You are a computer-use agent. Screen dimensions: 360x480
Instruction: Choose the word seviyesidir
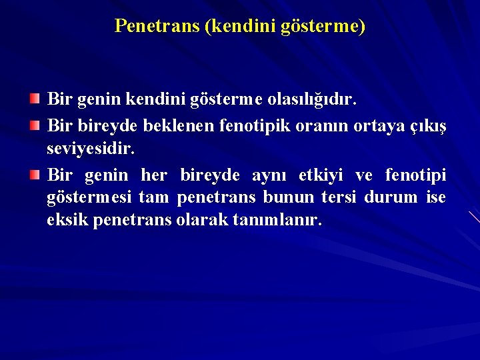[91, 149]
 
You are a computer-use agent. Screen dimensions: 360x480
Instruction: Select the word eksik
[67, 220]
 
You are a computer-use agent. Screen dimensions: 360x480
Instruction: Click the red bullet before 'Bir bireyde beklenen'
[34, 124]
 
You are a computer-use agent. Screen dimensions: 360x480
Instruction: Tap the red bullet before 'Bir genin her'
[34, 174]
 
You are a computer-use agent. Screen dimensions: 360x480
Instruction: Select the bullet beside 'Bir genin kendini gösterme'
[34, 99]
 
